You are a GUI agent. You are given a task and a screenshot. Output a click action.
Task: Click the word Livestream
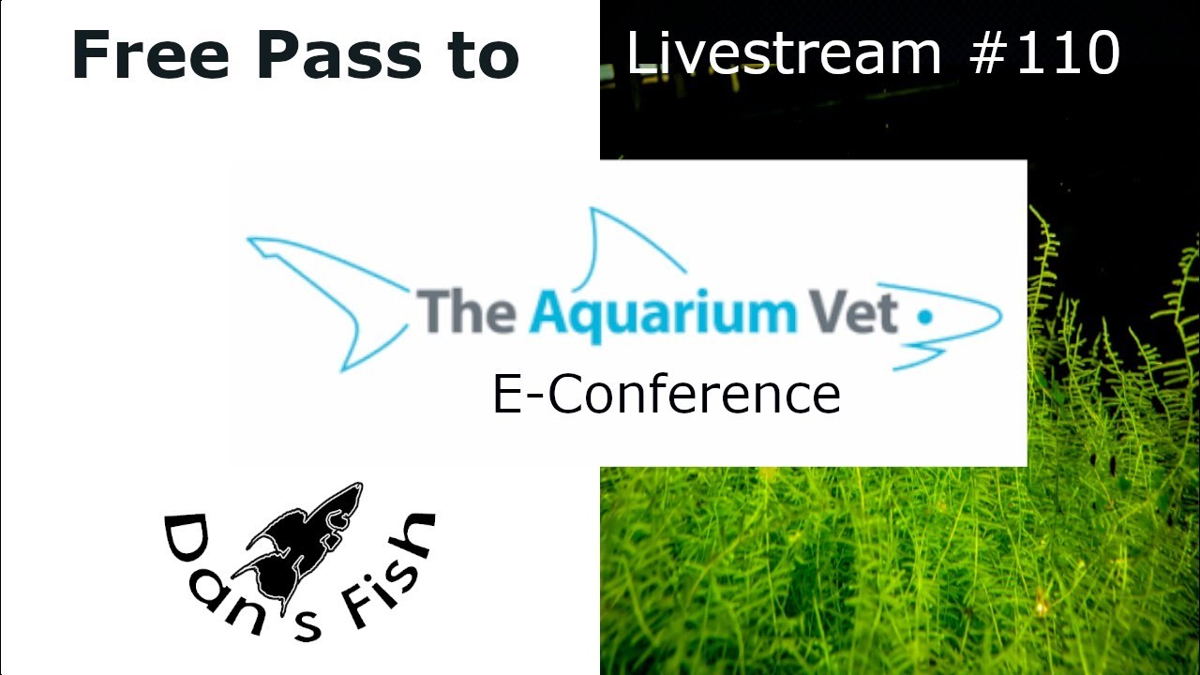coord(784,53)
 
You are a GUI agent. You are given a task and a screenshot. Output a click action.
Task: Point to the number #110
coord(1044,53)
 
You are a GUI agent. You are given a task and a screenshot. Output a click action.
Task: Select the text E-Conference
coord(667,395)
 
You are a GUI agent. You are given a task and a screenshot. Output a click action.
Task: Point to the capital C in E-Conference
coord(565,395)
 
